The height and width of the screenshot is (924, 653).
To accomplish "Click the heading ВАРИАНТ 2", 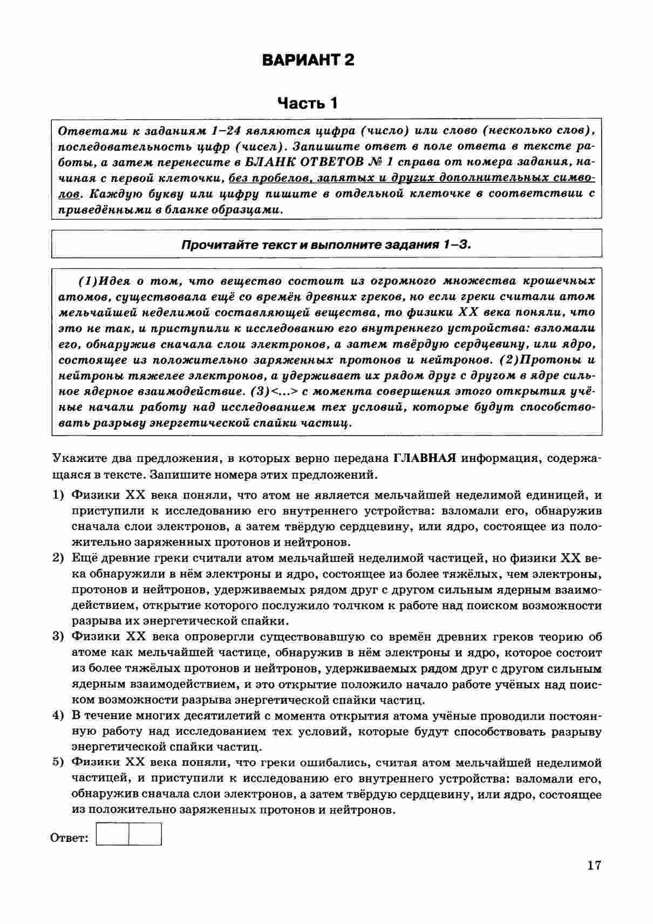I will (x=308, y=60).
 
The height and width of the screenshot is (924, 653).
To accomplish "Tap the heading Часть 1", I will (x=308, y=103).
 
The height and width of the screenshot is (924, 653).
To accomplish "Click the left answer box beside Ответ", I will (x=113, y=834).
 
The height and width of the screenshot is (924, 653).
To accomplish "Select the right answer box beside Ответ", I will (x=145, y=834).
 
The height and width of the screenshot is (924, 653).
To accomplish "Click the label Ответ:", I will (x=69, y=838).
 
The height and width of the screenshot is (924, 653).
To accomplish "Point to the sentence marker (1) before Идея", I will (x=89, y=281).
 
